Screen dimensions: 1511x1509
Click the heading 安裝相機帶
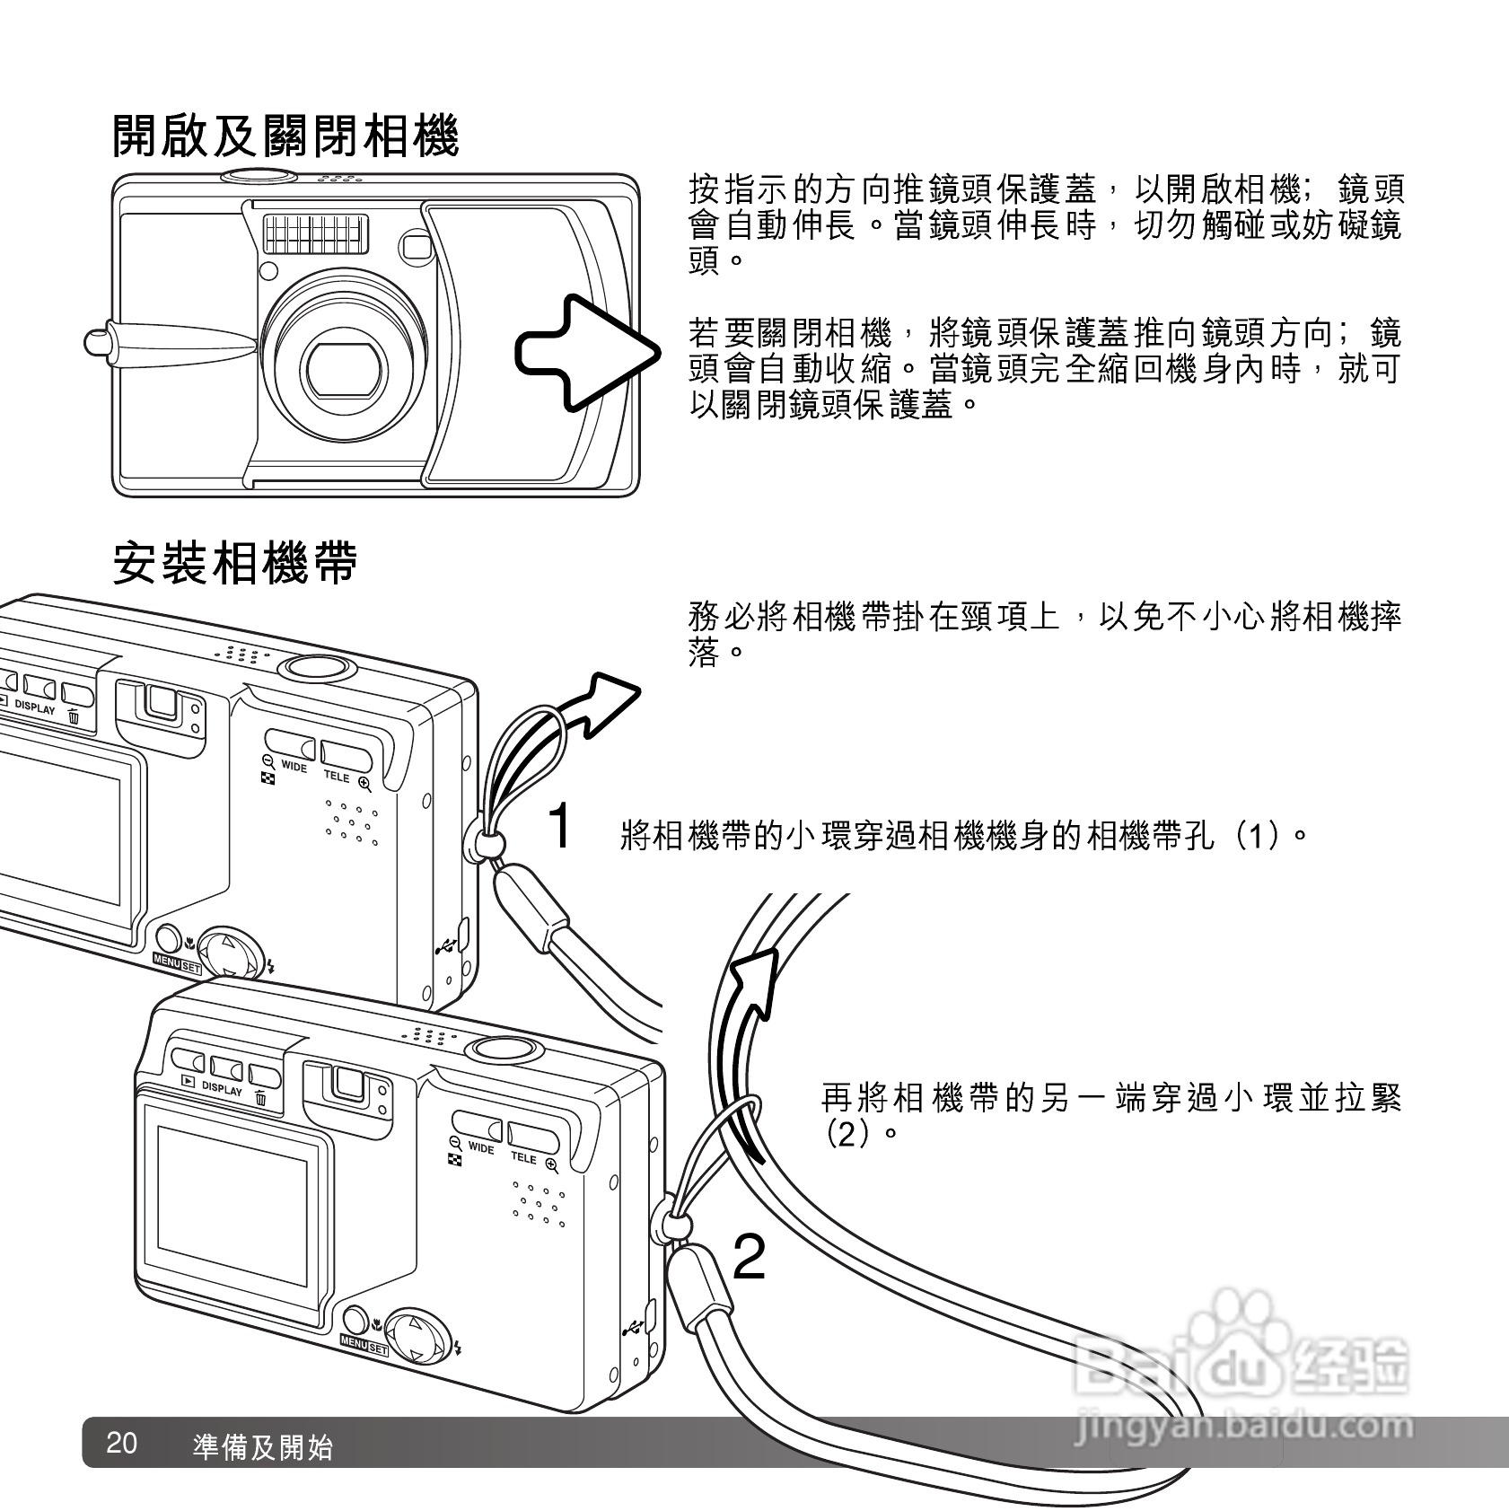[x=235, y=564]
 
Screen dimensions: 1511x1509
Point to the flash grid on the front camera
[x=316, y=233]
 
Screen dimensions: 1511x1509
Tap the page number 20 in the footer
[x=121, y=1444]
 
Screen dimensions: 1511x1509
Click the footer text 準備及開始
[x=262, y=1447]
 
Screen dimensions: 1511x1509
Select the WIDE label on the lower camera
[x=480, y=1148]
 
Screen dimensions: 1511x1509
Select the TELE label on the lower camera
[x=523, y=1157]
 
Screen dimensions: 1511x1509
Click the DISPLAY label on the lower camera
[x=222, y=1089]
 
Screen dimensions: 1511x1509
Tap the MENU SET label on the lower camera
[x=364, y=1348]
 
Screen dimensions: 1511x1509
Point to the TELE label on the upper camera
[x=337, y=776]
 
